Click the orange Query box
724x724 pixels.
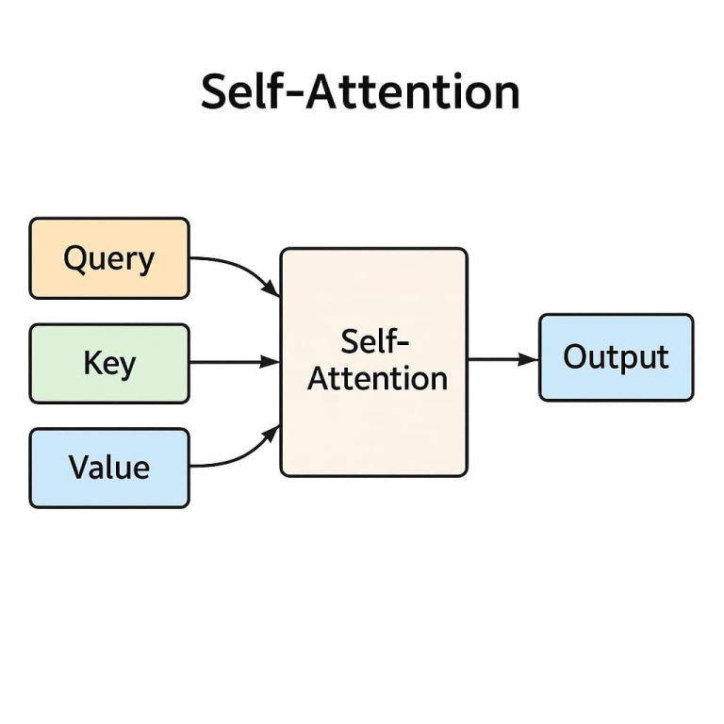(x=109, y=258)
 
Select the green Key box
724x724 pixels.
(x=109, y=363)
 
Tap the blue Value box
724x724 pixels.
(x=109, y=468)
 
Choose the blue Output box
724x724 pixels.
(x=616, y=357)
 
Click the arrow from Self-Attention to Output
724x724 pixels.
(x=500, y=359)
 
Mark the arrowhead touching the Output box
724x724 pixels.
(x=532, y=359)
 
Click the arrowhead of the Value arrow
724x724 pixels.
(x=273, y=431)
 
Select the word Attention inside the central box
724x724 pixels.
(x=378, y=379)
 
